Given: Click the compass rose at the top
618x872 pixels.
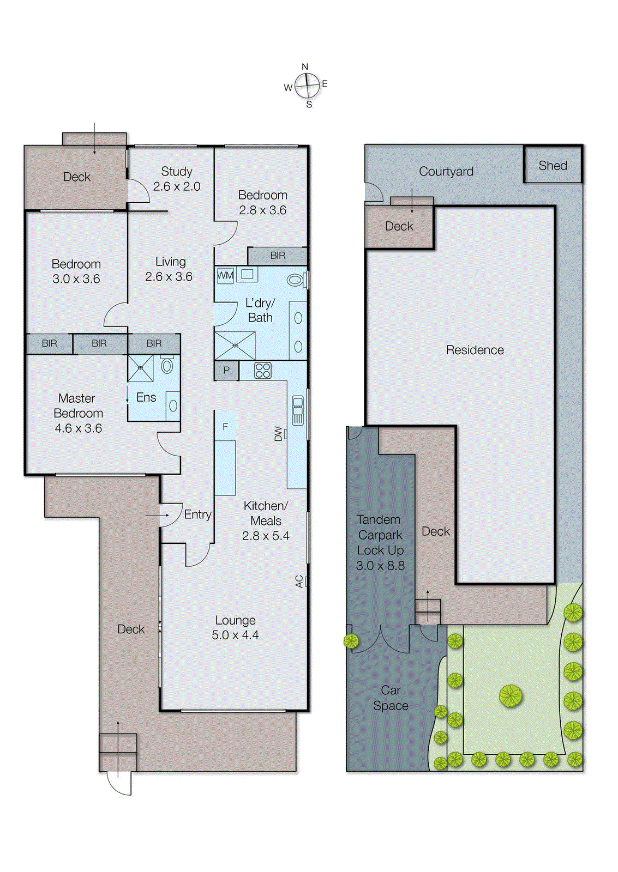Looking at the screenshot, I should tap(308, 86).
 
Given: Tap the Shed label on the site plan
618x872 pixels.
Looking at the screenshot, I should tap(553, 166).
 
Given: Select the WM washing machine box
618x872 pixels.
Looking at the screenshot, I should tap(225, 275).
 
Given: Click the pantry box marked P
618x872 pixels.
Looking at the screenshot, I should tap(226, 371).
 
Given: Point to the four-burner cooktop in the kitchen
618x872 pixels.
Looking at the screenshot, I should tap(263, 371).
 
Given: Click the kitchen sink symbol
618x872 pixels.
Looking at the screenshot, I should tap(298, 410).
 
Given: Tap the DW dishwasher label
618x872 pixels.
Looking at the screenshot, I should tap(279, 434).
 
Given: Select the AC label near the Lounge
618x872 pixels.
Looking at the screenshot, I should tap(299, 582).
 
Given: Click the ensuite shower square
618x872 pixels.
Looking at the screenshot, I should tap(140, 368).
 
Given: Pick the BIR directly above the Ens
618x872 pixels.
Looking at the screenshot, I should tap(154, 343).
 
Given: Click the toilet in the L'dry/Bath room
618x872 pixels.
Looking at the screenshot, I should tap(295, 280).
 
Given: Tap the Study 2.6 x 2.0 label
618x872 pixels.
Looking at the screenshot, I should tap(177, 179).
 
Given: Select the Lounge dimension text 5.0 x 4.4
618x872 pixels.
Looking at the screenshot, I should tap(235, 635).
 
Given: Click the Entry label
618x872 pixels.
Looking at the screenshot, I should tap(197, 514).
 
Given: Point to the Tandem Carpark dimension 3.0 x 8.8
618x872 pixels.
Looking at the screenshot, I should tap(380, 566).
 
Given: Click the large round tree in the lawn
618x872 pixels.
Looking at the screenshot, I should tap(511, 696).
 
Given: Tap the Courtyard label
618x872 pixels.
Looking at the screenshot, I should tap(446, 171).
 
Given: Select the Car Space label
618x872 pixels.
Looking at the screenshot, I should tap(391, 698).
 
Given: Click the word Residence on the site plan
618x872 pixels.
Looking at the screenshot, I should tap(475, 350).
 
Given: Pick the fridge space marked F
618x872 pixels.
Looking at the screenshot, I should tap(225, 427).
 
